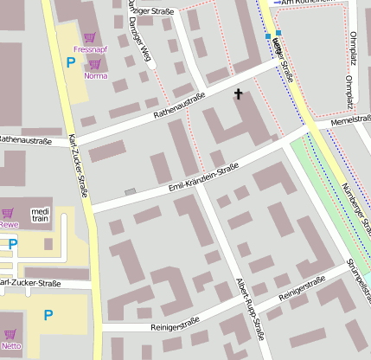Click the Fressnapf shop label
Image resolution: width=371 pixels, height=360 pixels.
pyautogui.click(x=90, y=49)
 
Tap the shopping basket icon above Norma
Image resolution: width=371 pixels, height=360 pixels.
pyautogui.click(x=95, y=64)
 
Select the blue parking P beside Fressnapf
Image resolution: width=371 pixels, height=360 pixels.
pyautogui.click(x=70, y=61)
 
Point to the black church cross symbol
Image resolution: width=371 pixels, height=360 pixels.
pyautogui.click(x=238, y=93)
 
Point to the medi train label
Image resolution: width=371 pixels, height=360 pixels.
pyautogui.click(x=41, y=215)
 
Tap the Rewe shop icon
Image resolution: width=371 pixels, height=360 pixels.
pyautogui.click(x=8, y=213)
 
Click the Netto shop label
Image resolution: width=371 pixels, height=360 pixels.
pyautogui.click(x=11, y=345)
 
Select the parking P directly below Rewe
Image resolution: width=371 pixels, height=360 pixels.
pyautogui.click(x=12, y=245)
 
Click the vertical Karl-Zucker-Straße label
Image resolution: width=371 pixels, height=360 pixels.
pyautogui.click(x=78, y=165)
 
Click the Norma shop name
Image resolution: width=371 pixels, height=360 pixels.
pyautogui.click(x=95, y=76)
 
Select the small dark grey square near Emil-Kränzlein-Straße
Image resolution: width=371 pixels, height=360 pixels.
pyautogui.click(x=131, y=191)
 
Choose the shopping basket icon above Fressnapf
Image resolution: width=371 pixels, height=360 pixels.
pyautogui.click(x=90, y=37)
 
